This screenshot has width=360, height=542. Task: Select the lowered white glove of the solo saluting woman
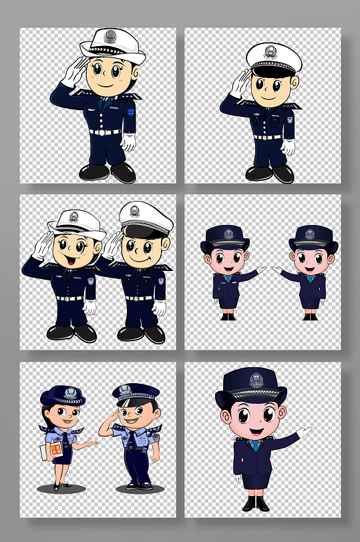coord(128,141)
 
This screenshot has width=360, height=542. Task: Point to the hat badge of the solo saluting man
coord(270,51)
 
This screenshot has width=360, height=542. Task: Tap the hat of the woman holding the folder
coord(63,396)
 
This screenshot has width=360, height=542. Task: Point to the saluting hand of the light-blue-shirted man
coord(110,417)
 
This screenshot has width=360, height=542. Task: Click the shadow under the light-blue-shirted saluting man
coord(139,488)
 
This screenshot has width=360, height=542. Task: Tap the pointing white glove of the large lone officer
coord(304,432)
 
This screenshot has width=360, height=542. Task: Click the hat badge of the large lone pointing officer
coord(256,380)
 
